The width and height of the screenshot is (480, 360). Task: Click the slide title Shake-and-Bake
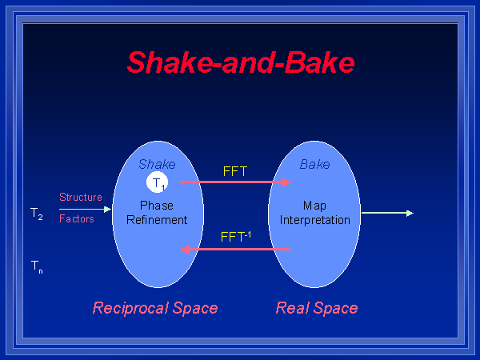(241, 62)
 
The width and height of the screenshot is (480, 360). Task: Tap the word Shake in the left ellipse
(157, 164)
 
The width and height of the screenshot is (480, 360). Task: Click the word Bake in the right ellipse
(314, 164)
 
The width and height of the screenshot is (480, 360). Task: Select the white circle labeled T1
(158, 182)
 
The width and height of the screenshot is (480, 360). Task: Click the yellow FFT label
(235, 170)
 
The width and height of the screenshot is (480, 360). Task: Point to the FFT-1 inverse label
(236, 237)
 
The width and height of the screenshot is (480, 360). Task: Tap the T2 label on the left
(37, 214)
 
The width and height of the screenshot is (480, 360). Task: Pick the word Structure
(81, 197)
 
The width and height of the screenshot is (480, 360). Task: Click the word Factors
(77, 218)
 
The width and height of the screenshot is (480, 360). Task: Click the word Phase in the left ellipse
(157, 206)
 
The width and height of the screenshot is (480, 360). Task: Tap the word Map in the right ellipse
(314, 206)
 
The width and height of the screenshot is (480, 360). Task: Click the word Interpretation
(315, 219)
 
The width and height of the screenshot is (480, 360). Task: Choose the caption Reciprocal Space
(155, 308)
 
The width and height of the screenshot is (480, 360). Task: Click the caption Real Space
(317, 308)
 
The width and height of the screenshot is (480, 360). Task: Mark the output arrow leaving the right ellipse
(387, 213)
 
